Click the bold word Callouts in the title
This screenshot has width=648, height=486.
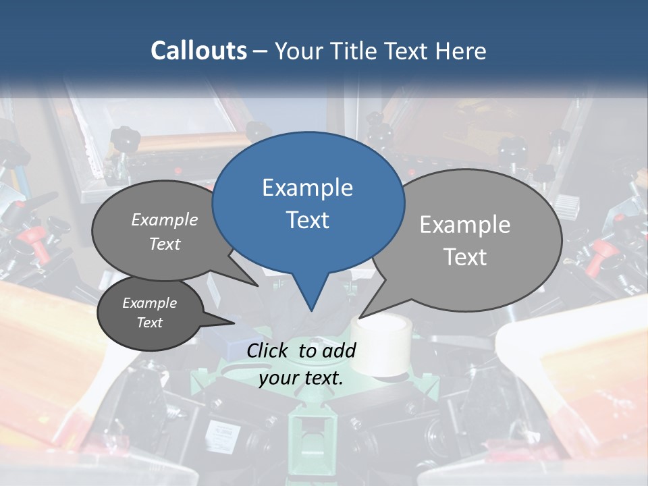click(x=198, y=51)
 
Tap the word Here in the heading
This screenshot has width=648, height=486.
click(x=462, y=51)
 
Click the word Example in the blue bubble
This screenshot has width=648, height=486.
click(x=307, y=188)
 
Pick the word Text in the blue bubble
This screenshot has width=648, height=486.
click(x=307, y=220)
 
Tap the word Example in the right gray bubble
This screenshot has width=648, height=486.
click(x=465, y=225)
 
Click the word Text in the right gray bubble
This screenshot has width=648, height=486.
click(x=465, y=257)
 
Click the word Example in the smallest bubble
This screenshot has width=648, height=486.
click(x=149, y=303)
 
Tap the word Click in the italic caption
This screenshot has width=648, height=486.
click(x=269, y=350)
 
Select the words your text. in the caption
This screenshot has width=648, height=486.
click(x=301, y=378)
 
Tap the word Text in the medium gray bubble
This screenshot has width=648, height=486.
click(x=165, y=244)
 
